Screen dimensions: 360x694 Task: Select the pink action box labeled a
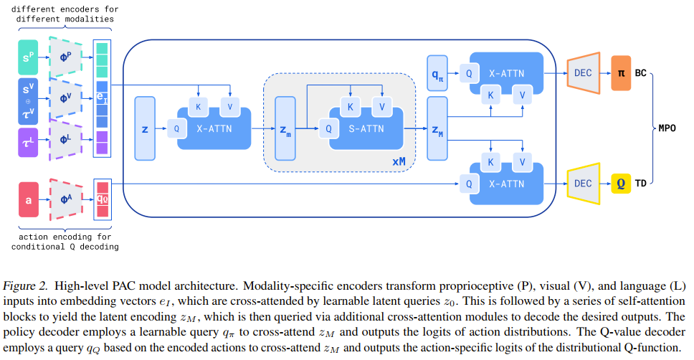coord(29,200)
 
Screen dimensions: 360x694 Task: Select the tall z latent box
coord(145,129)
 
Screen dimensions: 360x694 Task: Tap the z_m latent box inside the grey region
coord(285,129)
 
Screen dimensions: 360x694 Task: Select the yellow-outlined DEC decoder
coord(583,184)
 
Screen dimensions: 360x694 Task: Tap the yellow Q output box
coord(620,184)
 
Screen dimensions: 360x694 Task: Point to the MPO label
coord(667,129)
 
